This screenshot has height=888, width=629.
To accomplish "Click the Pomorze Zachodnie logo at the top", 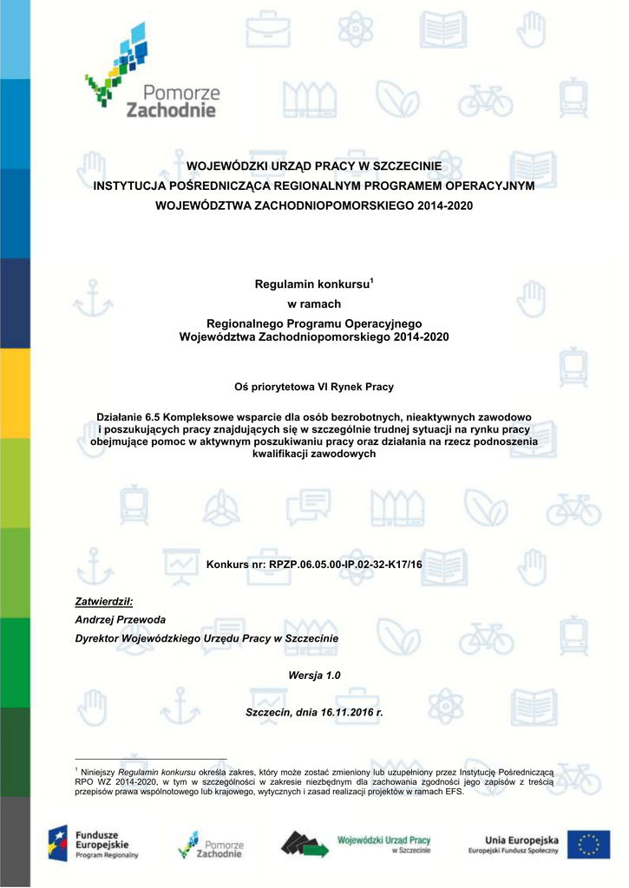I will click(153, 74).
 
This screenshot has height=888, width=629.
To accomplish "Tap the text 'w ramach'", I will click(314, 304).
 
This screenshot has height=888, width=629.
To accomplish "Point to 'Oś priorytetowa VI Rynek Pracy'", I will click(314, 387).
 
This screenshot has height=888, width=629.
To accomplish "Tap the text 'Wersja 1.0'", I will click(314, 675).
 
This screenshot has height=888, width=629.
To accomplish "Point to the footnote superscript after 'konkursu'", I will click(371, 280).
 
